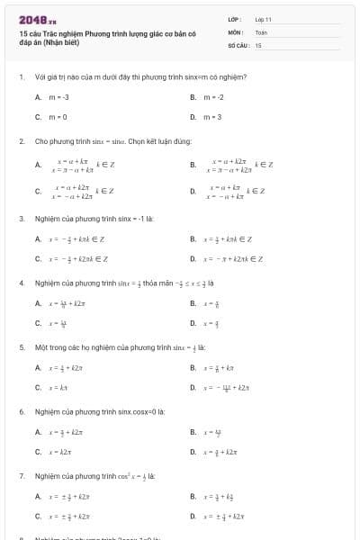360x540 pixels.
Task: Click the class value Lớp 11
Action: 264,19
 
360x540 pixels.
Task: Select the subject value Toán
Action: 262,31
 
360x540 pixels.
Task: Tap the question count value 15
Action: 258,44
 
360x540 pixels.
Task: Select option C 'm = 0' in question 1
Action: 57,117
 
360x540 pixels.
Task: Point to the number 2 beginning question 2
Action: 21,141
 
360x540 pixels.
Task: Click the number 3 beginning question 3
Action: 21,219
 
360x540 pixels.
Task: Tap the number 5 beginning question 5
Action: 21,346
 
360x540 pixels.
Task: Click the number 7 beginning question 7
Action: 21,475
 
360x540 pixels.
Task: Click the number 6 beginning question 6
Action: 21,411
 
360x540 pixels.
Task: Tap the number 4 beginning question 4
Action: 21,283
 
